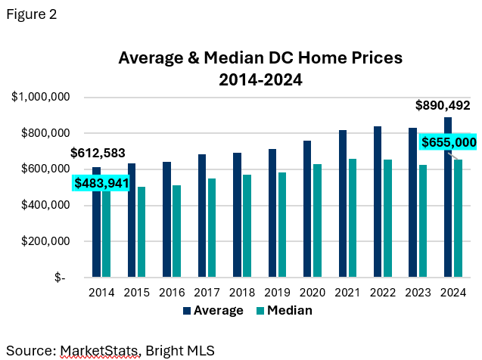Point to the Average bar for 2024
coord(448,197)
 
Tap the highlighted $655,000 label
coord(449,141)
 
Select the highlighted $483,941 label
coord(101,183)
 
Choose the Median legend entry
coord(284,310)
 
